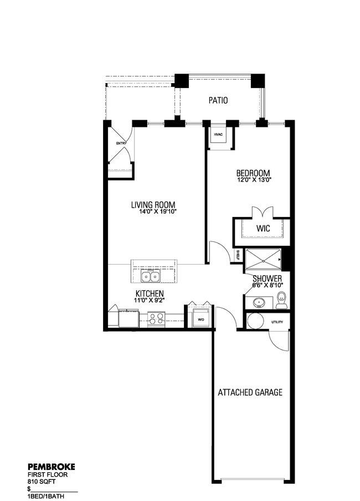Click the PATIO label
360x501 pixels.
coord(218,100)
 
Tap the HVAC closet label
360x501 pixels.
coord(218,134)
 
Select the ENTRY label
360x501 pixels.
coord(121,143)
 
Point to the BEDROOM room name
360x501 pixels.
coord(253,173)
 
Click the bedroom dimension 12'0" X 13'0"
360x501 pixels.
coord(254,180)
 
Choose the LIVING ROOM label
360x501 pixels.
coord(153,205)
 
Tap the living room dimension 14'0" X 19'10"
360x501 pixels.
coord(158,211)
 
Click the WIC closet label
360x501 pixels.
coord(263,229)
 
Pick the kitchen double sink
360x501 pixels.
coord(150,276)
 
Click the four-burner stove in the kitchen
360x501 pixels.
coord(156,318)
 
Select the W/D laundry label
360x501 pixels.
coord(201,320)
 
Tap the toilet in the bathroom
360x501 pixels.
coord(281,300)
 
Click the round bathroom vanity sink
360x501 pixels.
coord(258,302)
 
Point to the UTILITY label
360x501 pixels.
coord(277,322)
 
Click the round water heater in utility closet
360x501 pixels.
coord(255,321)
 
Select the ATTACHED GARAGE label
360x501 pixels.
coord(250,392)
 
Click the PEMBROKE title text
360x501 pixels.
coord(52,467)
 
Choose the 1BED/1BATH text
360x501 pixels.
coord(46,496)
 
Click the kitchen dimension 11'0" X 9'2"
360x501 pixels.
coord(150,300)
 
